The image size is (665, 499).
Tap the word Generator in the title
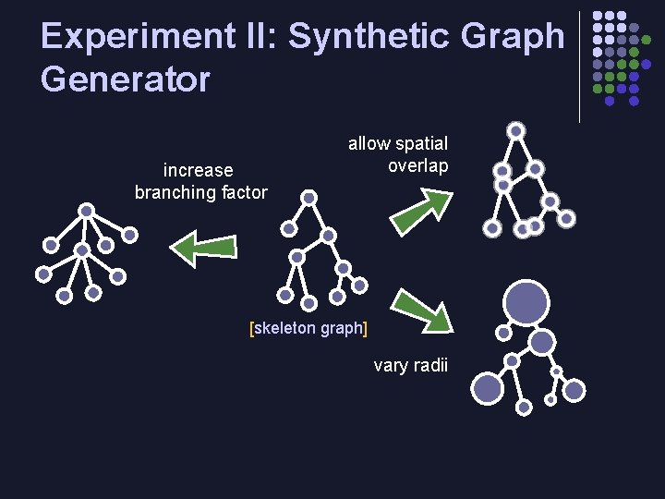click(126, 79)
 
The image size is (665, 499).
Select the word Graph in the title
click(515, 37)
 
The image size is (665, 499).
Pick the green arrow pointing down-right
click(422, 309)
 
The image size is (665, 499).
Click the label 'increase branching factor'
click(200, 181)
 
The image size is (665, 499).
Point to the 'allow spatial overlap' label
click(398, 154)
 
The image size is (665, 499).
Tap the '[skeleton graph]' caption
click(308, 328)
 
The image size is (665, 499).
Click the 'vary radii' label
click(410, 365)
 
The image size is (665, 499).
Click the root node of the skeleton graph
click(309, 197)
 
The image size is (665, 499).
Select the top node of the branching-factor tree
click(86, 211)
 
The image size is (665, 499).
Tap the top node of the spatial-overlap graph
click(517, 130)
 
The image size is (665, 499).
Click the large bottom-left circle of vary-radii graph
click(488, 387)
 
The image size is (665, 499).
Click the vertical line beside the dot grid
click(579, 67)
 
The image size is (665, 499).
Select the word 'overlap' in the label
click(417, 166)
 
